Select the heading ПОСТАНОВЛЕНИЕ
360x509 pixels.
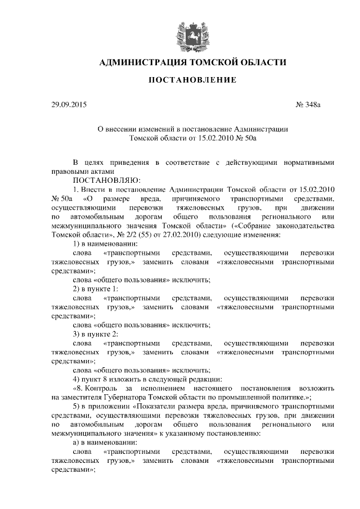pos(192,81)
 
